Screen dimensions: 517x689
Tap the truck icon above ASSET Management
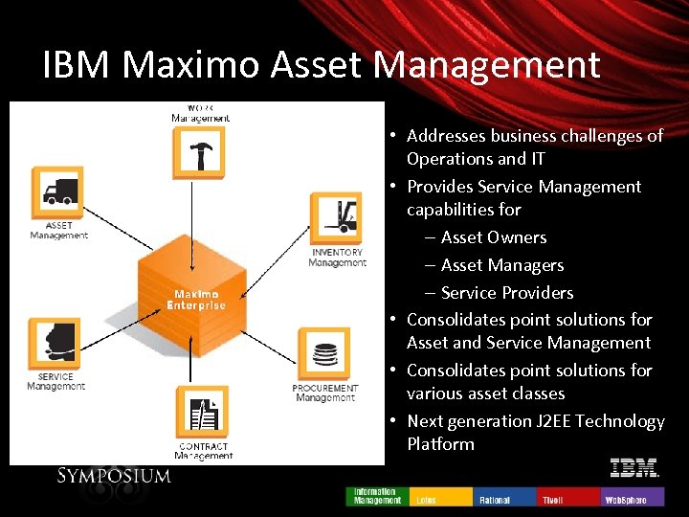[58, 192]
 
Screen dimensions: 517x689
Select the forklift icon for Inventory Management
[336, 218]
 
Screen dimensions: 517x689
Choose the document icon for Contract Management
[203, 413]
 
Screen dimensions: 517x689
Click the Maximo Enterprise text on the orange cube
[195, 300]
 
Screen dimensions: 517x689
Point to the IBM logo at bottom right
[634, 468]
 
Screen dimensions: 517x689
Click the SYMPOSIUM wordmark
[114, 476]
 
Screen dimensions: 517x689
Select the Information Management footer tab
[378, 496]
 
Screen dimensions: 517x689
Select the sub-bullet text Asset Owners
[494, 237]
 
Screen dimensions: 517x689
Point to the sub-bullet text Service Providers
[507, 293]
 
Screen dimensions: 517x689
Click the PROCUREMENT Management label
[325, 393]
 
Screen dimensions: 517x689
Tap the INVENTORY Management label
[337, 258]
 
